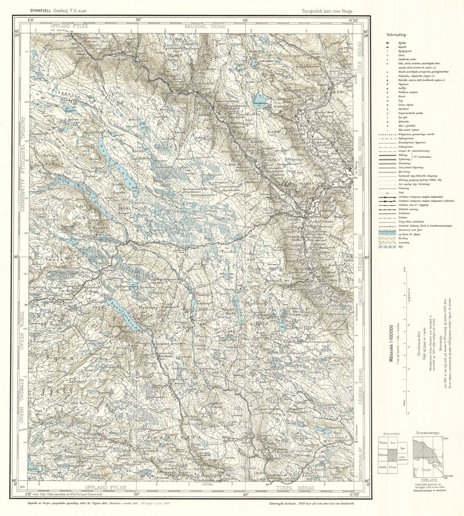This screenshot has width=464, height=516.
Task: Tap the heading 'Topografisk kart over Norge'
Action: coord(327,11)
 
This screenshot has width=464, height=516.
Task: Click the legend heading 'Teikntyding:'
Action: coord(397,35)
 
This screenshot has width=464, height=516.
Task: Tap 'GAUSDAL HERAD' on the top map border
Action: coord(205,26)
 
